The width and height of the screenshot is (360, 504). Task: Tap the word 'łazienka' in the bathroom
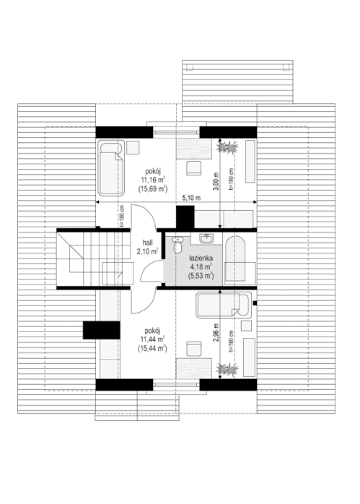[x=201, y=258]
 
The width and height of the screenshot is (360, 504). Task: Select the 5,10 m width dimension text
[x=191, y=197]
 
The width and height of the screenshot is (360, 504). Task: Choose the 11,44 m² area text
[x=153, y=338]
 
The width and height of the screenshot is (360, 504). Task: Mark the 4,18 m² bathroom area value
[x=201, y=266]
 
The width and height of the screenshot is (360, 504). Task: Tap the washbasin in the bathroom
[x=208, y=239]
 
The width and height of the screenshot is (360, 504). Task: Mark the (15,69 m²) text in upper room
[x=153, y=188]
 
